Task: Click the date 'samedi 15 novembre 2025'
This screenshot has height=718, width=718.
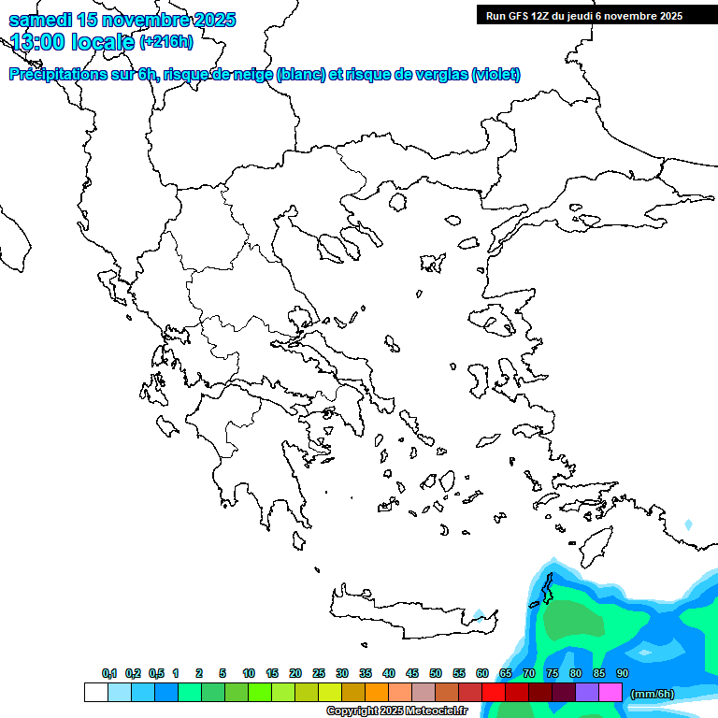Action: [122, 20]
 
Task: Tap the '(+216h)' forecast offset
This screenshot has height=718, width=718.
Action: [166, 41]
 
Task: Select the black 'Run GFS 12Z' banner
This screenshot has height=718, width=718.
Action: [584, 15]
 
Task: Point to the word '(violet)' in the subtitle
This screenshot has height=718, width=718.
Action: [495, 75]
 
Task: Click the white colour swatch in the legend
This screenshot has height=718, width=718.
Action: [95, 692]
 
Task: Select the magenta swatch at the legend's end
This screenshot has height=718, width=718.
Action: [610, 692]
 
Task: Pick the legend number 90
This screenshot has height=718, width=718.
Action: [623, 673]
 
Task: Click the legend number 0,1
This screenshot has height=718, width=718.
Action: [109, 673]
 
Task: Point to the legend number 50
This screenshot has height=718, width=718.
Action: [436, 673]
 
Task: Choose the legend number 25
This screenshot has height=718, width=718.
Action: [319, 673]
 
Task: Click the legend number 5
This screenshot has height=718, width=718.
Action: [223, 673]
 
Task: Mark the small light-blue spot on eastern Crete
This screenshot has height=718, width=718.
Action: [479, 615]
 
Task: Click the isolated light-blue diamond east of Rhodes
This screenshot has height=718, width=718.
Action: [689, 525]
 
